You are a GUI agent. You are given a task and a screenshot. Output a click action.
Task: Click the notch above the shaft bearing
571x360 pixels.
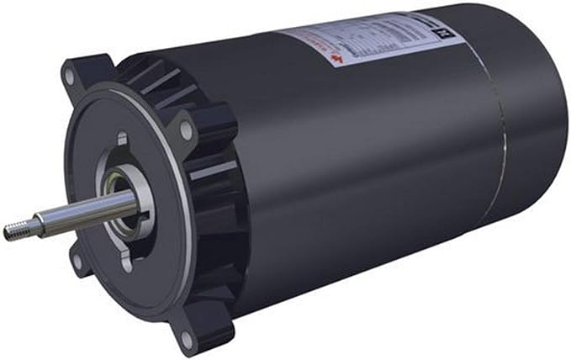click(123, 138)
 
